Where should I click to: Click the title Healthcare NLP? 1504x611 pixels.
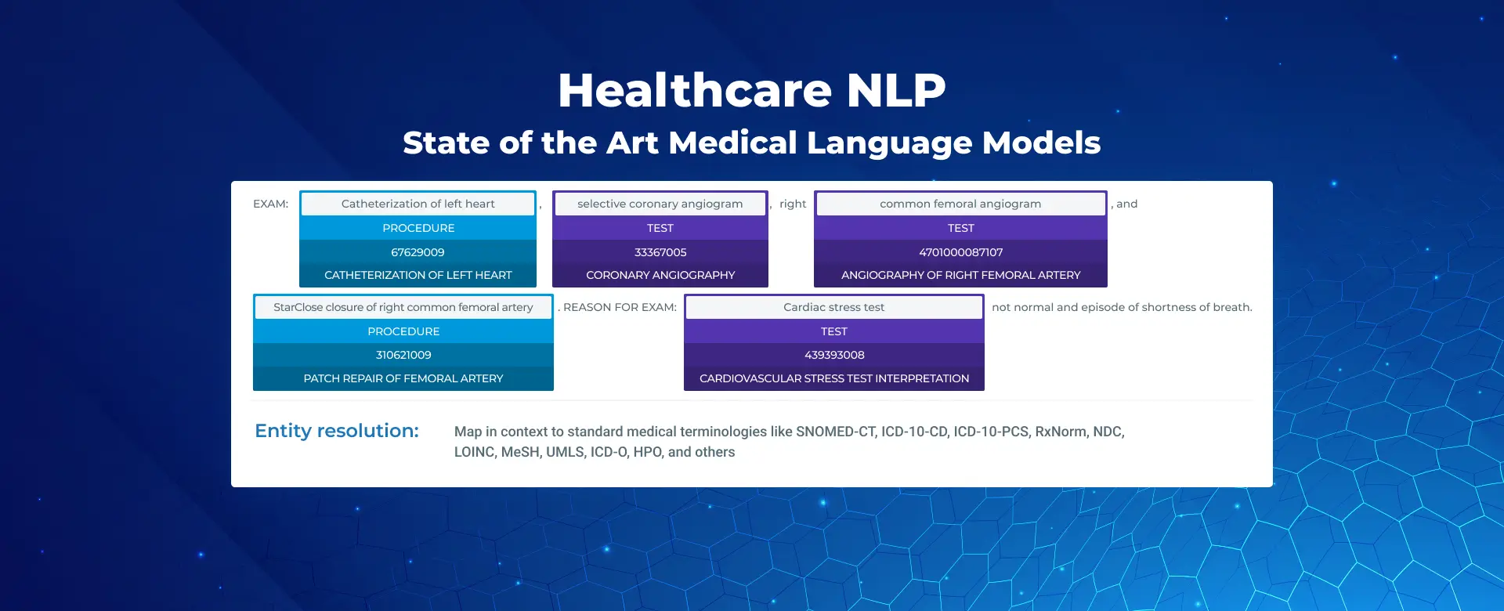click(x=752, y=90)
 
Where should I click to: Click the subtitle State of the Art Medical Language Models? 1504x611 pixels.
click(x=752, y=143)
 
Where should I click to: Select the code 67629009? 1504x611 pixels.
click(x=418, y=252)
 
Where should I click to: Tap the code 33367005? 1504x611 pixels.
click(x=660, y=252)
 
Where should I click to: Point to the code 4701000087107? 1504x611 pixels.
click(x=960, y=252)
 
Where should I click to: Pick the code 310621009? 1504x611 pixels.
click(x=403, y=355)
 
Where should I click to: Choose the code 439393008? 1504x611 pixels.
click(x=834, y=355)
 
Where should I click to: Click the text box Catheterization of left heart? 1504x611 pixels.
click(x=418, y=204)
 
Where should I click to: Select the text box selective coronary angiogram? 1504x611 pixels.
click(x=660, y=204)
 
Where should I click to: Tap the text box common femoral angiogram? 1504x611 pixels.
click(x=960, y=204)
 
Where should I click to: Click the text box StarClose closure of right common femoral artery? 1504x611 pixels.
click(x=403, y=307)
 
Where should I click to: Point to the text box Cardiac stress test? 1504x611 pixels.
click(x=834, y=307)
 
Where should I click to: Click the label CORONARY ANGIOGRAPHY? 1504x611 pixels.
click(x=660, y=275)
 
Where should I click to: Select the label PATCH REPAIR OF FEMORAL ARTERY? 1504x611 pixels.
click(x=403, y=378)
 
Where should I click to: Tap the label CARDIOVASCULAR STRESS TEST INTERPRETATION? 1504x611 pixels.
click(x=834, y=378)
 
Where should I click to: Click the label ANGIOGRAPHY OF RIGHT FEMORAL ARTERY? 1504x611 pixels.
click(x=960, y=275)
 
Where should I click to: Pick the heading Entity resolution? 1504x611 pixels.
click(x=337, y=431)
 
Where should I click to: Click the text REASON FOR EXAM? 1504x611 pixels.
click(x=620, y=307)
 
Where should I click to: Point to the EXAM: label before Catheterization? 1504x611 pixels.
click(x=270, y=204)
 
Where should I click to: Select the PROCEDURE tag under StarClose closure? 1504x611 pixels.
click(x=403, y=331)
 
